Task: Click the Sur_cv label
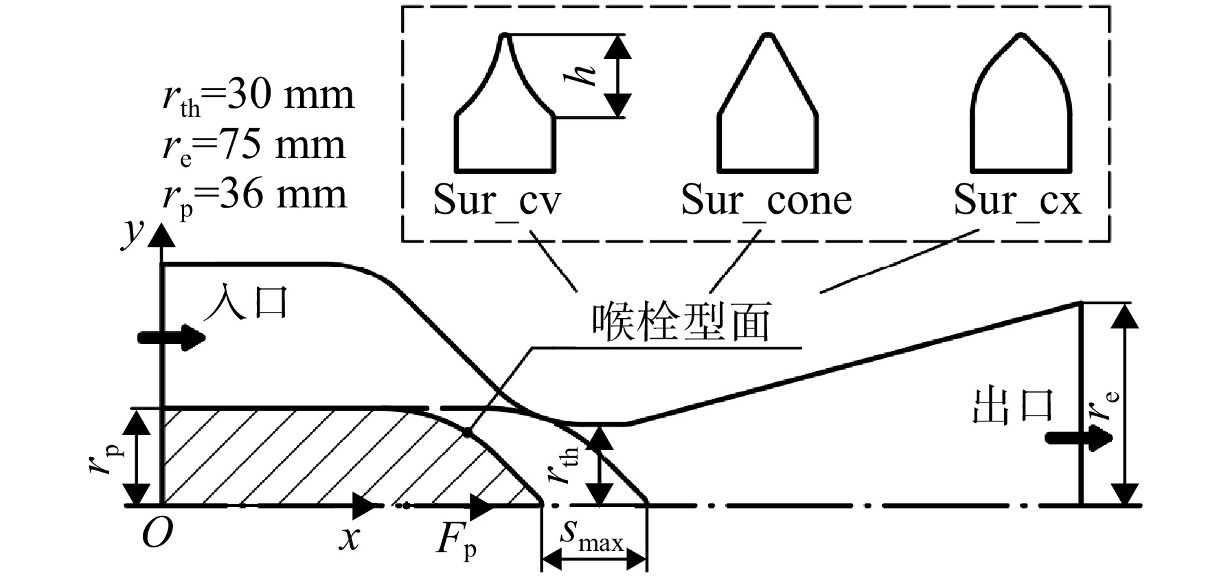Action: [x=497, y=201]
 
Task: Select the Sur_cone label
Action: [x=766, y=201]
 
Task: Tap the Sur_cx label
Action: [x=1017, y=201]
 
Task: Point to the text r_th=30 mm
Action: [x=258, y=97]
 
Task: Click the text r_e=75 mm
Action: [x=254, y=146]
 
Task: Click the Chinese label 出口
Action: [x=1013, y=406]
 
